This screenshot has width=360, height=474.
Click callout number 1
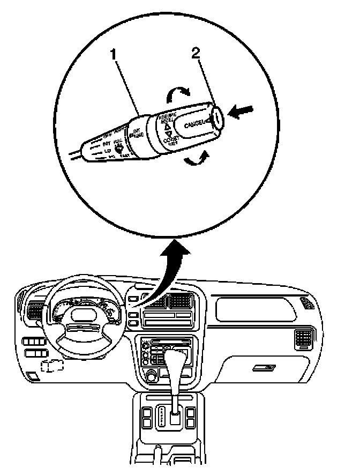point(114,54)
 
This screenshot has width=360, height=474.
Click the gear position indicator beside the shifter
point(160,416)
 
